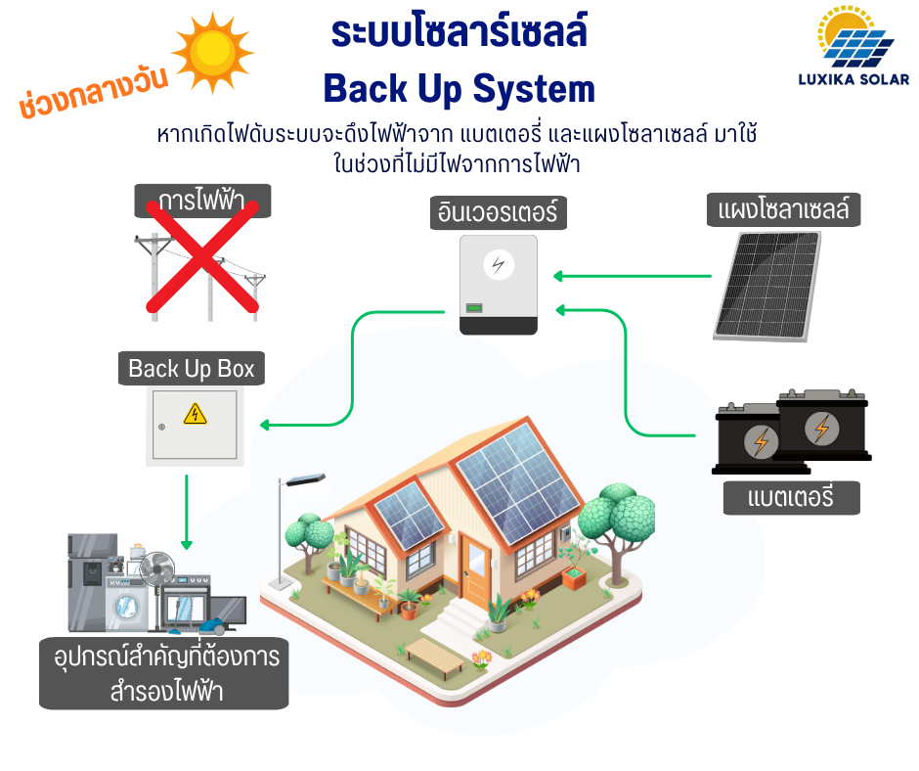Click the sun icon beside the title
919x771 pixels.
pos(211,52)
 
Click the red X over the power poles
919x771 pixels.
pos(201,256)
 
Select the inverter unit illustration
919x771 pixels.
pos(499,285)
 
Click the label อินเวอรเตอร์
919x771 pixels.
pos(498,212)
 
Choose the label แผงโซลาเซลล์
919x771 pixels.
pos(783,209)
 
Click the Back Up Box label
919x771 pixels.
pos(192,369)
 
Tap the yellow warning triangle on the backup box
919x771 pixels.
pos(196,415)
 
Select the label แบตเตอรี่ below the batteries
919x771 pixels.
pos(791,497)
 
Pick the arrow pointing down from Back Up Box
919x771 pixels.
pos(187,513)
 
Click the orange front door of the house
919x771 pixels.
pos(477,567)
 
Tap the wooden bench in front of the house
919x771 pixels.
pos(436,658)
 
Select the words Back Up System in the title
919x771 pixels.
pos(459,89)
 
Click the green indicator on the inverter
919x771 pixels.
pos(473,309)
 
